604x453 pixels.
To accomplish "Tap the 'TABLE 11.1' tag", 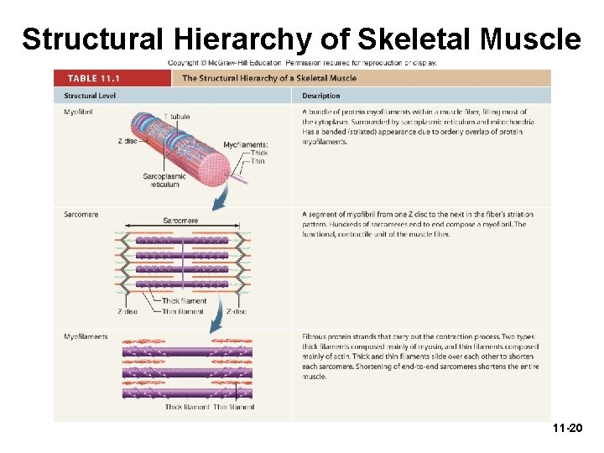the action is (x=94, y=78).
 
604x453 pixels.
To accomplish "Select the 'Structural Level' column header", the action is (x=91, y=96).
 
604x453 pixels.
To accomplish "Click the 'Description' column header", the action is (x=321, y=96).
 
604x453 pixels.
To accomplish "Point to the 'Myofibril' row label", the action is (x=78, y=112).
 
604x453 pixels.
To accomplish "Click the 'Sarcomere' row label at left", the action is (x=81, y=215).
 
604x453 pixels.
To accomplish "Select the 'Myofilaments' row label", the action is (x=86, y=336).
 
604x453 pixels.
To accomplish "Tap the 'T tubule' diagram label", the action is (x=177, y=116).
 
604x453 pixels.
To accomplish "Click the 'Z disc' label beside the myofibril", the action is (x=128, y=140).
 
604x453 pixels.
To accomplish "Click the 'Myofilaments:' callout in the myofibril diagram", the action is (x=246, y=144).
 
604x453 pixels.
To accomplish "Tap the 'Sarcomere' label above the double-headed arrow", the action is (x=180, y=221).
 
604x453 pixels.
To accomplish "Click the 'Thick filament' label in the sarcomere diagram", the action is (x=184, y=301).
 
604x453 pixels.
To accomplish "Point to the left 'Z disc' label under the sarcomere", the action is (x=128, y=311).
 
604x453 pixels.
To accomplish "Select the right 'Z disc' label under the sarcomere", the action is (x=237, y=311).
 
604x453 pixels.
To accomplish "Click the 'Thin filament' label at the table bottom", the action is (x=234, y=407).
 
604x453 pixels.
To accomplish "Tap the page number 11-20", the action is (x=567, y=428).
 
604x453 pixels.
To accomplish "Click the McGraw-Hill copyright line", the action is (x=302, y=62).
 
